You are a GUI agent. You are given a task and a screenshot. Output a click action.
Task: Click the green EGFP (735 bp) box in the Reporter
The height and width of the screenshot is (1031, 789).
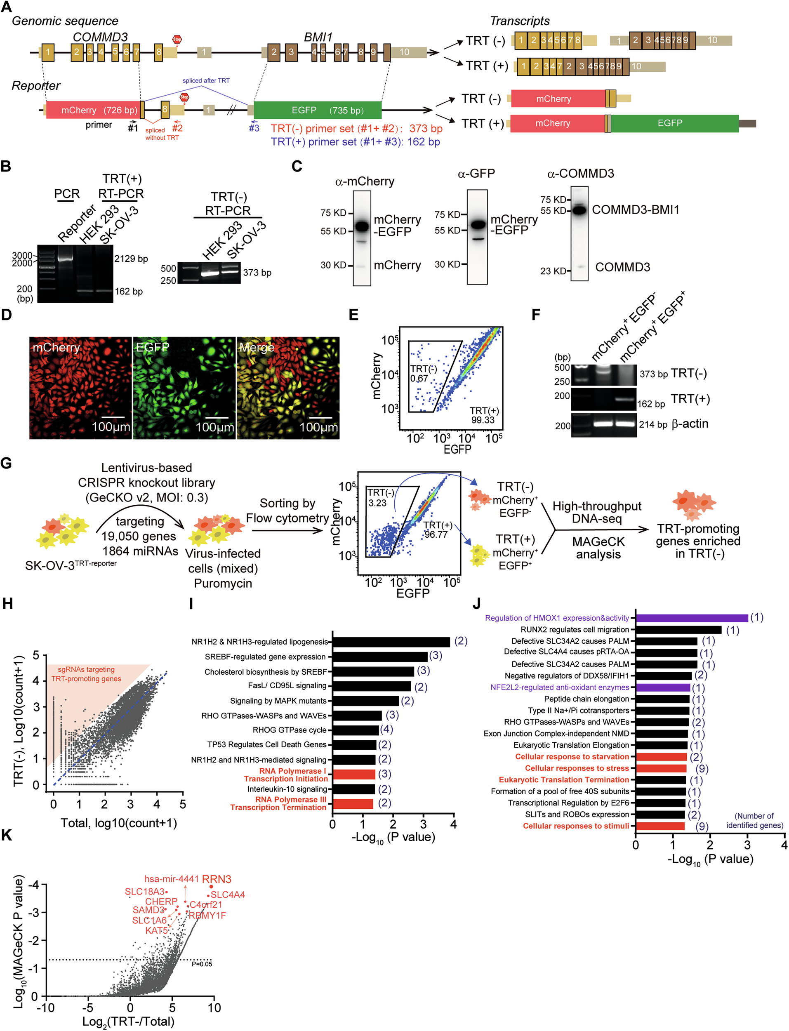(x=318, y=110)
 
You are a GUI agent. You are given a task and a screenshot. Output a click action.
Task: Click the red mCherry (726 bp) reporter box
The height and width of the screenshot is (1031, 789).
(x=93, y=110)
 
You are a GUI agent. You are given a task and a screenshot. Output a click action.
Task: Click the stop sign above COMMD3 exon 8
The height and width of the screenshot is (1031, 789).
(x=177, y=40)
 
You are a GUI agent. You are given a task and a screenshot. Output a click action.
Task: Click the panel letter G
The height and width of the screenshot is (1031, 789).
(x=6, y=464)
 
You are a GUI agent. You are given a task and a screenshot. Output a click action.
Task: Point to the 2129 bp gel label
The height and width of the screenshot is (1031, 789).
(x=131, y=259)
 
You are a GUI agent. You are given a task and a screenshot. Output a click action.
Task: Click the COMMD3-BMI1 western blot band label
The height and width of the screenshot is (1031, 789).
(x=635, y=210)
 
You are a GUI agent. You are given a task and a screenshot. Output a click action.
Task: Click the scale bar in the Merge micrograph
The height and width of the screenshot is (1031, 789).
(x=321, y=417)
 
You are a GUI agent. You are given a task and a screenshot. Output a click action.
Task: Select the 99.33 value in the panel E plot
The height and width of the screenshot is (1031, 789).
(x=483, y=420)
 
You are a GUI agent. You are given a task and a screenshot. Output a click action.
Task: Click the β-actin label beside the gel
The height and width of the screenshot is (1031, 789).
(x=690, y=424)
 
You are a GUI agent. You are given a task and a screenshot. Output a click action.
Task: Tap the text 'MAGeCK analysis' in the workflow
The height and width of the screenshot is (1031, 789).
(x=598, y=548)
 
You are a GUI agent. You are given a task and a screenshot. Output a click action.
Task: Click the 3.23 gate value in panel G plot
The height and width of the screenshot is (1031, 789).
(x=377, y=503)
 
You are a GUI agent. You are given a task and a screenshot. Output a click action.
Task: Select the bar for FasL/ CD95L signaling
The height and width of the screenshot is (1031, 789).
(x=372, y=686)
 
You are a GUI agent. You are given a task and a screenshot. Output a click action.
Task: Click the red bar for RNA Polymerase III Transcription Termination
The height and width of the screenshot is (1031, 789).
(x=353, y=803)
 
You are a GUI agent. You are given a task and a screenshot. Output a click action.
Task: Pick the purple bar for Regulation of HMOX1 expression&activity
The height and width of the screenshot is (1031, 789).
(x=691, y=618)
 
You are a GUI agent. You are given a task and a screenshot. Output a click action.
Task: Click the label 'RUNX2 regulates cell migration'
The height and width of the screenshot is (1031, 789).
(x=575, y=630)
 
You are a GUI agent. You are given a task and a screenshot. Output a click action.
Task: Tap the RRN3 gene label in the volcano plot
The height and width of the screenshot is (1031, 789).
(x=217, y=879)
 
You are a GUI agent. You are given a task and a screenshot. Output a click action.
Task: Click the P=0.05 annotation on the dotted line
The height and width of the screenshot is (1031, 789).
(x=202, y=964)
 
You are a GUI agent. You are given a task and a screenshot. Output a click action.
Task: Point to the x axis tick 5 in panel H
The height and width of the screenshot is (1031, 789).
(x=183, y=804)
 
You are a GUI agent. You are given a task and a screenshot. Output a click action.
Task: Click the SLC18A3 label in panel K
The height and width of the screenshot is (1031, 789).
(x=145, y=891)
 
